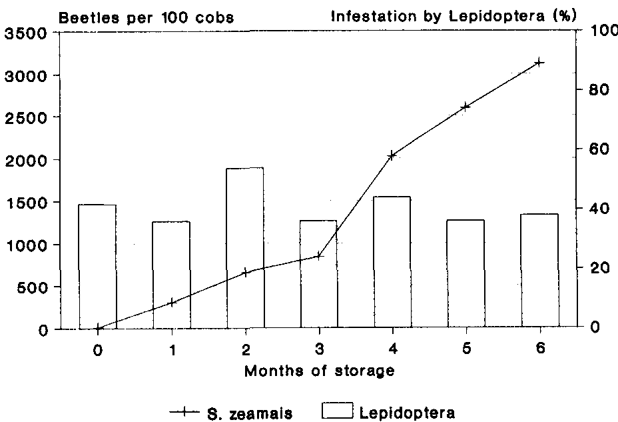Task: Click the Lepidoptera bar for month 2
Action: pos(245,248)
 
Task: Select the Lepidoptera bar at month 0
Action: pos(97,267)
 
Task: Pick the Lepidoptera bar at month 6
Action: pos(539,271)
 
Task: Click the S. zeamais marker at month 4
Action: pos(392,155)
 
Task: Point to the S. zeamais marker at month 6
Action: pos(539,62)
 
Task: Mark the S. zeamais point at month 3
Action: pos(319,255)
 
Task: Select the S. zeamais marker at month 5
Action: pos(465,106)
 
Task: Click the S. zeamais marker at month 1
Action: pos(172,303)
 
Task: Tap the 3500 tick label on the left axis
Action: pos(25,33)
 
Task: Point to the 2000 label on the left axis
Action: pos(25,161)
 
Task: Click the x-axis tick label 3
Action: pos(319,349)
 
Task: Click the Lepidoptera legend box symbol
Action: pos(338,412)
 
